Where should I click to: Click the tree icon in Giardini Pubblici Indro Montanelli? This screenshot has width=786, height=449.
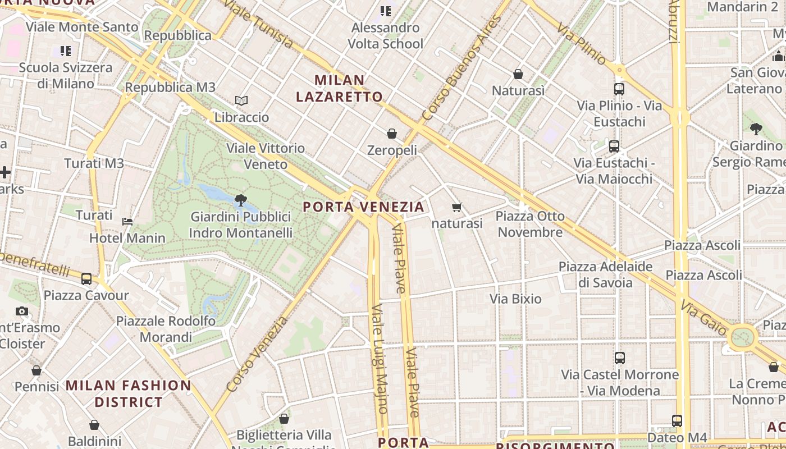coord(241,200)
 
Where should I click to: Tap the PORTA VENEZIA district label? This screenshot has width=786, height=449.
coord(364,207)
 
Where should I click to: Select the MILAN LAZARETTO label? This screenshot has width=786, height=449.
coord(340,89)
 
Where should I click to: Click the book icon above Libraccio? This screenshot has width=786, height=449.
coord(241,100)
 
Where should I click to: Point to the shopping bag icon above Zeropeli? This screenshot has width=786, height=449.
coord(392,134)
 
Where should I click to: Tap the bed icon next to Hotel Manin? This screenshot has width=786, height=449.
coord(127,221)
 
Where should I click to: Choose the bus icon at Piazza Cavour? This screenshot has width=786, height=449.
coord(86,278)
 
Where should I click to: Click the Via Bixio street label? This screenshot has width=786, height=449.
coord(515,299)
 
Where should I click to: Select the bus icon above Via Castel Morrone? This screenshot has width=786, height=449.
coord(620,358)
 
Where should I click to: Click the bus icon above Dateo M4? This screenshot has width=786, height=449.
coord(677,420)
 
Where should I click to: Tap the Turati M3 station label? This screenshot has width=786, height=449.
coord(94,163)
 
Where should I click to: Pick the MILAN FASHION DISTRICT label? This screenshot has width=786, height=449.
coord(129,393)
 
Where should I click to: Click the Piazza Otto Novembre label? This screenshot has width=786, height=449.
coord(530,224)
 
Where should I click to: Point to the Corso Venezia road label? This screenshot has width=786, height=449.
coord(257,354)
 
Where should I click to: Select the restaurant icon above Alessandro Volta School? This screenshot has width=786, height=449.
coord(385,11)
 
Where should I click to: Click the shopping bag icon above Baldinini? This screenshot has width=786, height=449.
coord(94,425)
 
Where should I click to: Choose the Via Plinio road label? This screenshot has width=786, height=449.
coord(582,43)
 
